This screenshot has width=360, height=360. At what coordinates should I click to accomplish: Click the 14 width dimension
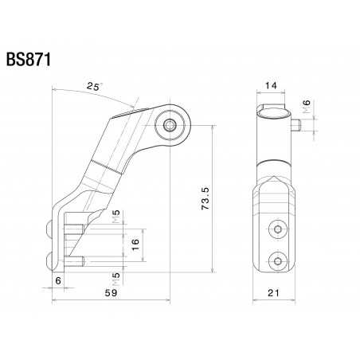272,85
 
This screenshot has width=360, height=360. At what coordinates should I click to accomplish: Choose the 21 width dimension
274,294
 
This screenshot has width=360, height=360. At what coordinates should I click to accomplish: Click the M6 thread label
310,106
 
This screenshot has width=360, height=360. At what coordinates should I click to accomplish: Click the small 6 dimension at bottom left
59,280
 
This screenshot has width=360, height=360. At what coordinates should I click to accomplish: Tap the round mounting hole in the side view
170,123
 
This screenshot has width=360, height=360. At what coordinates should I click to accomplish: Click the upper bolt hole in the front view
276,229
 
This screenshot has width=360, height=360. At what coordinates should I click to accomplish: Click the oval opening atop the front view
272,111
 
